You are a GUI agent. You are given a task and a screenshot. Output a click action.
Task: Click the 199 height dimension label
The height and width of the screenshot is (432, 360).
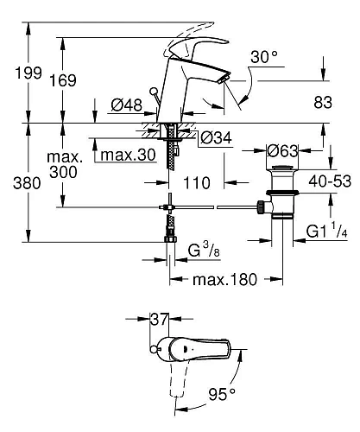click(x=28, y=73)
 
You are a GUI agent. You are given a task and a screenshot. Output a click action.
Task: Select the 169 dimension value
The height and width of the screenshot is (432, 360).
click(x=63, y=80)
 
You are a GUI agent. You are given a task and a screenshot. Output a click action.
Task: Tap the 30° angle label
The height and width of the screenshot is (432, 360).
click(x=264, y=57)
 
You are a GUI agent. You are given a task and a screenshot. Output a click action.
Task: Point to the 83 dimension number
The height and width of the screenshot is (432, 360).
click(x=323, y=102)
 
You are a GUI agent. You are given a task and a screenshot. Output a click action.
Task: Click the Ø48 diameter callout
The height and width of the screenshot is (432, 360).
click(x=127, y=105)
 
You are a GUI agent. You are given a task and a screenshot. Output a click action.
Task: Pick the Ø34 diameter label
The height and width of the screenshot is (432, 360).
click(x=216, y=137)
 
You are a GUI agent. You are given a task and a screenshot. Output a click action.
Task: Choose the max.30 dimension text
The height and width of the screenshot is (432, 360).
click(x=129, y=155)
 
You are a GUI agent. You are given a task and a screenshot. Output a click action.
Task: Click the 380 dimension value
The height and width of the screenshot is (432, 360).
click(x=27, y=183)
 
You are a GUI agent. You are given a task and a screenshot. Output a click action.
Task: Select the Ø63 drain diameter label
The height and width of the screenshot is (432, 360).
click(x=282, y=150)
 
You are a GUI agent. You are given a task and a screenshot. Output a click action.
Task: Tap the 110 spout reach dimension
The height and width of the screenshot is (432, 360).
click(x=197, y=183)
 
